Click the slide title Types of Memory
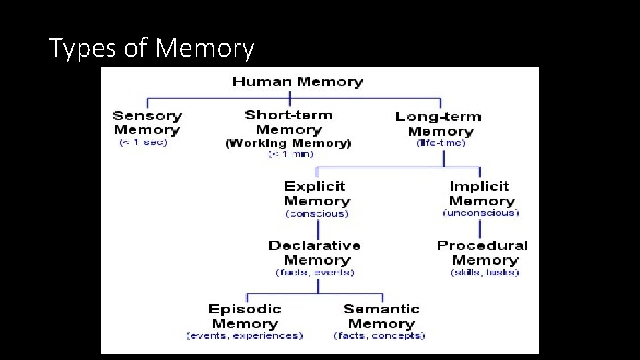click(x=151, y=48)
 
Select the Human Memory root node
click(x=297, y=82)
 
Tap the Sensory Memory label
click(x=147, y=123)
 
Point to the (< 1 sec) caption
click(x=143, y=142)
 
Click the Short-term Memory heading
click(x=289, y=122)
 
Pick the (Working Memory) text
click(x=288, y=143)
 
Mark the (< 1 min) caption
click(x=291, y=154)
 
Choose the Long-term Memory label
click(x=439, y=124)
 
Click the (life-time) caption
click(x=441, y=143)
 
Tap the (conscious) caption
click(x=317, y=213)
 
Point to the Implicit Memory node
click(x=481, y=193)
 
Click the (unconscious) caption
click(x=481, y=213)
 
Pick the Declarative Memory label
click(x=315, y=253)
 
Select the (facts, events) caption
click(x=315, y=272)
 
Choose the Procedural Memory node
click(x=483, y=253)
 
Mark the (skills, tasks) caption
click(x=485, y=272)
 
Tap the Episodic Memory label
click(x=245, y=316)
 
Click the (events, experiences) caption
click(x=244, y=335)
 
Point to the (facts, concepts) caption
click(x=379, y=335)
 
